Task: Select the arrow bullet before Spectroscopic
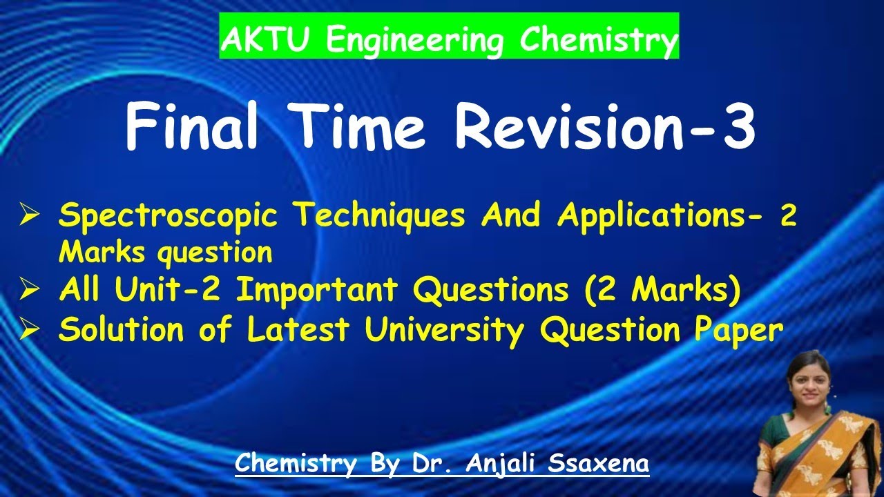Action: point(30,217)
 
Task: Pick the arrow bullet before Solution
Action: point(30,331)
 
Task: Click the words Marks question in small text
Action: point(165,253)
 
